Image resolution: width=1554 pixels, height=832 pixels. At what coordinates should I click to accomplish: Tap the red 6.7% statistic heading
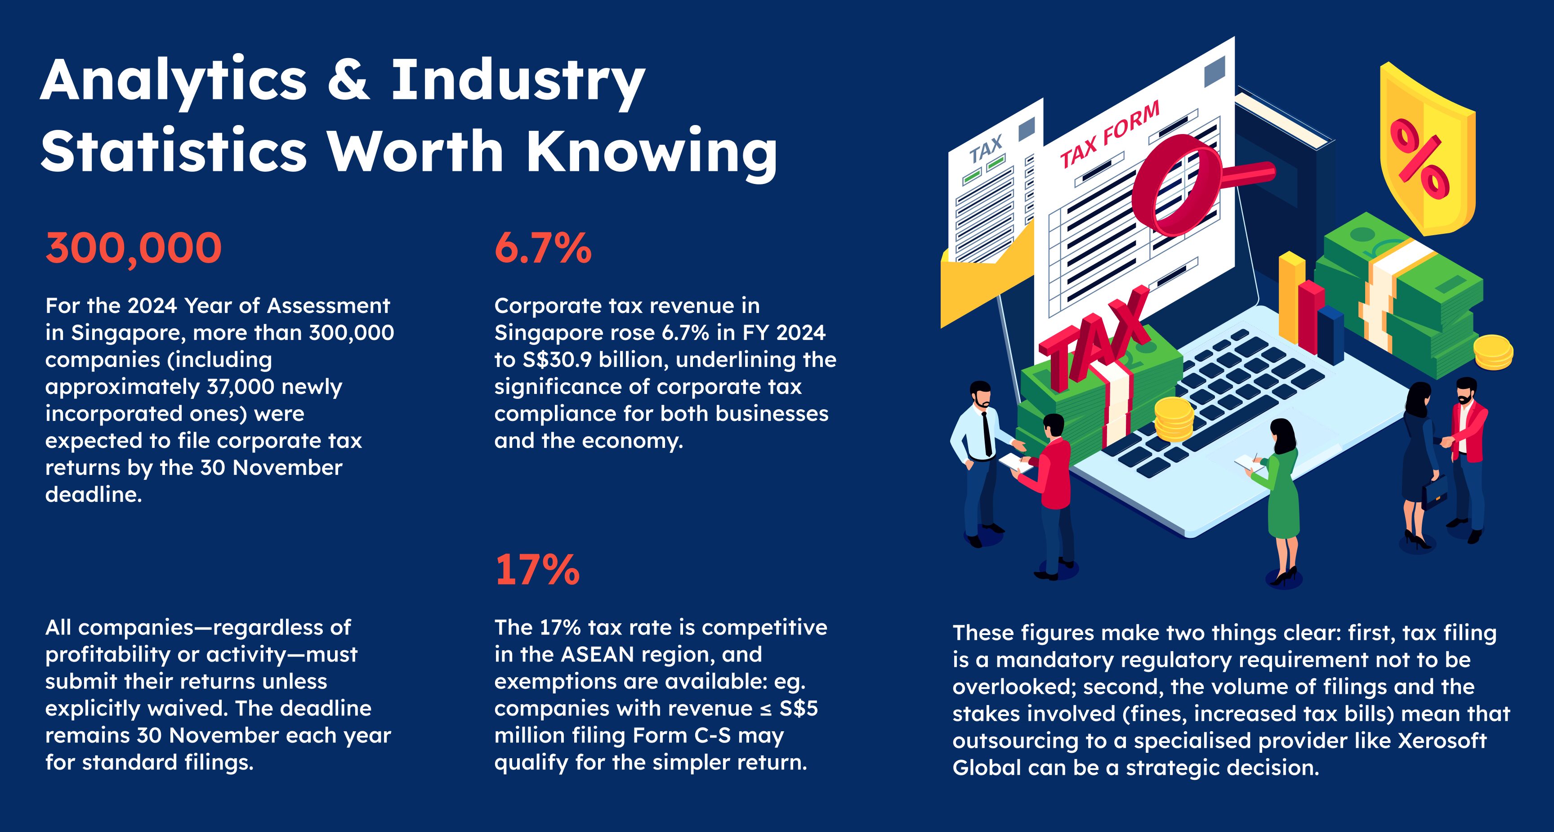(543, 249)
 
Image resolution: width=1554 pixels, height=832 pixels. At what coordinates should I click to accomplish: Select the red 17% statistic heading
(537, 570)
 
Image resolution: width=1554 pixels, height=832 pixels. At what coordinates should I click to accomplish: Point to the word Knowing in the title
(652, 152)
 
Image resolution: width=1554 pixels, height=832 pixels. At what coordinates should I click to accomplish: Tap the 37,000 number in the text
(240, 387)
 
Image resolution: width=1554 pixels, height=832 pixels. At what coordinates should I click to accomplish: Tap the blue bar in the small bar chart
(1330, 335)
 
